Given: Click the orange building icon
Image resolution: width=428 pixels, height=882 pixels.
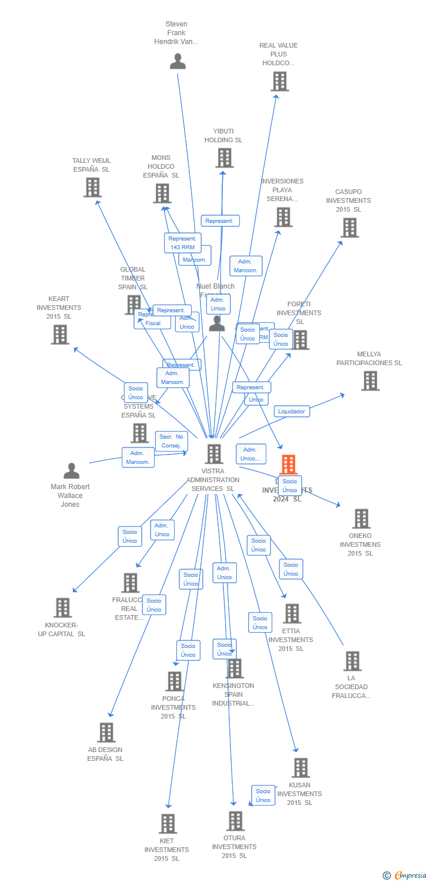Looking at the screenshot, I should (288, 465).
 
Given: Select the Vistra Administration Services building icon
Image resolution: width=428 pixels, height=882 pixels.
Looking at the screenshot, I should (214, 454).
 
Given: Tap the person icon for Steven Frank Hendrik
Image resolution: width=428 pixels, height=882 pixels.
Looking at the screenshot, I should (178, 61).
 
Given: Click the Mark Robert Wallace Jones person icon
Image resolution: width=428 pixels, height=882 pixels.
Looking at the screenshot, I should (72, 471).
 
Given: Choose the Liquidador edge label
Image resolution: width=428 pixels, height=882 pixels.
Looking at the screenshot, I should (292, 412).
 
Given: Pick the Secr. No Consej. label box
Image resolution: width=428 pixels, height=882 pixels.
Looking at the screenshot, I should (172, 440).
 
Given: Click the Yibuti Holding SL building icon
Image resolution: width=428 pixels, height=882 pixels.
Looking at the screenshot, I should (224, 158).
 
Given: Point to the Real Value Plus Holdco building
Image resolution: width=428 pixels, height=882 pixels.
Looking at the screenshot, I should (279, 81).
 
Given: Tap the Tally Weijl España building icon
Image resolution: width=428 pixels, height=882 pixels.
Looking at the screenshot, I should (92, 187).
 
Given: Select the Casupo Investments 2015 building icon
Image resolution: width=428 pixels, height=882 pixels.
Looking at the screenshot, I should (349, 228).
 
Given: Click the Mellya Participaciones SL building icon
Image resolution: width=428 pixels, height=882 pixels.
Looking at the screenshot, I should (370, 381).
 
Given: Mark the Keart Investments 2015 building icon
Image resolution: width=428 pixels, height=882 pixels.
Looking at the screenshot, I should (60, 335).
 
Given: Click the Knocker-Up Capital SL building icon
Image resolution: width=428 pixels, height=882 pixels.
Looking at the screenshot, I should (62, 608).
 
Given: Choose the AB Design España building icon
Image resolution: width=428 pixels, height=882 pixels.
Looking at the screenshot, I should (106, 733).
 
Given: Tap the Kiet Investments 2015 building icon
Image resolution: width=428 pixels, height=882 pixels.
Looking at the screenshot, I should (168, 824).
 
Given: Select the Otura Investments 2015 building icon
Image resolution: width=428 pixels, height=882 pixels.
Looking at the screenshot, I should (235, 821).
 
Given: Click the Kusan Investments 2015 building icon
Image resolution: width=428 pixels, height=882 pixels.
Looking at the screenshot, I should (300, 768).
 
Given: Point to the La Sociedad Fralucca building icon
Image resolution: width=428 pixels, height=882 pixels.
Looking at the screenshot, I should (352, 661).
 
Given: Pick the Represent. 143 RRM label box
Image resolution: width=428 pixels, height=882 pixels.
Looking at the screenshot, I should (182, 243).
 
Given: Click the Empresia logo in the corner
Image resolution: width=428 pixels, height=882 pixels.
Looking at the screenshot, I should (406, 876).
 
